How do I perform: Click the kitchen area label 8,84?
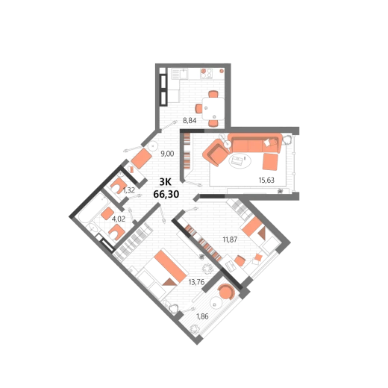click(x=190, y=121)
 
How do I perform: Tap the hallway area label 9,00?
click(x=167, y=154)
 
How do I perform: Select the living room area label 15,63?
click(x=266, y=180)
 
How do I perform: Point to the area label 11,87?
click(x=230, y=240)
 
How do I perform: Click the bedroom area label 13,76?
click(x=196, y=282)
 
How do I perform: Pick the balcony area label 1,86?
click(x=202, y=316)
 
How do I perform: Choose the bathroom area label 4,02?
click(x=119, y=219)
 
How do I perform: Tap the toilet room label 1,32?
click(x=129, y=190)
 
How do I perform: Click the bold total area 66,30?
click(x=166, y=194)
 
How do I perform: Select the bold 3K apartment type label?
click(x=165, y=182)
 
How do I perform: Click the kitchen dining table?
click(x=213, y=109)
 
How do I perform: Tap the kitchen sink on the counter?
click(x=184, y=74)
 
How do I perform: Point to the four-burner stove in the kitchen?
click(x=207, y=74)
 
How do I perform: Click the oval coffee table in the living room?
click(x=240, y=160)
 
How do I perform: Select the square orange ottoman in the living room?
click(x=270, y=162)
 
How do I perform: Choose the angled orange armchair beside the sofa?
click(x=216, y=152)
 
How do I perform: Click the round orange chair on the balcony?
click(x=226, y=292)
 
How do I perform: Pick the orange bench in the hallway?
click(x=141, y=158)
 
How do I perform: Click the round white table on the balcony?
click(x=216, y=303)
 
